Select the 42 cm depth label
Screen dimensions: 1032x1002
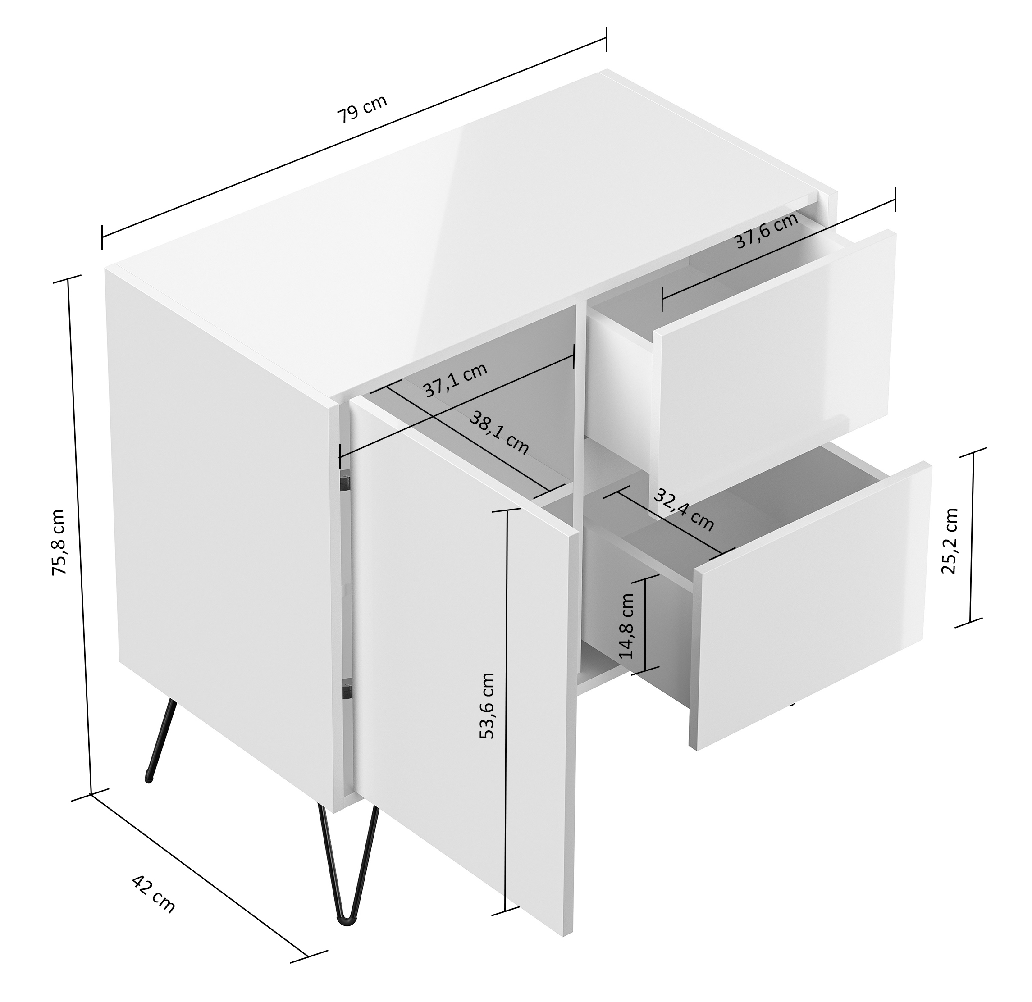[x=153, y=894]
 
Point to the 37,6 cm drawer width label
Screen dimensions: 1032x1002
[x=766, y=231]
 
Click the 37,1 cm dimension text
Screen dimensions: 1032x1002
[x=456, y=379]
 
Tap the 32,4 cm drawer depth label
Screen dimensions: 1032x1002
[x=684, y=510]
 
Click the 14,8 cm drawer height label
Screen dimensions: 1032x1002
[x=626, y=626]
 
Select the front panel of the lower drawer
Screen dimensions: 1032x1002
[x=811, y=605]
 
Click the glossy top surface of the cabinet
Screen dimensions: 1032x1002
[x=463, y=237]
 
